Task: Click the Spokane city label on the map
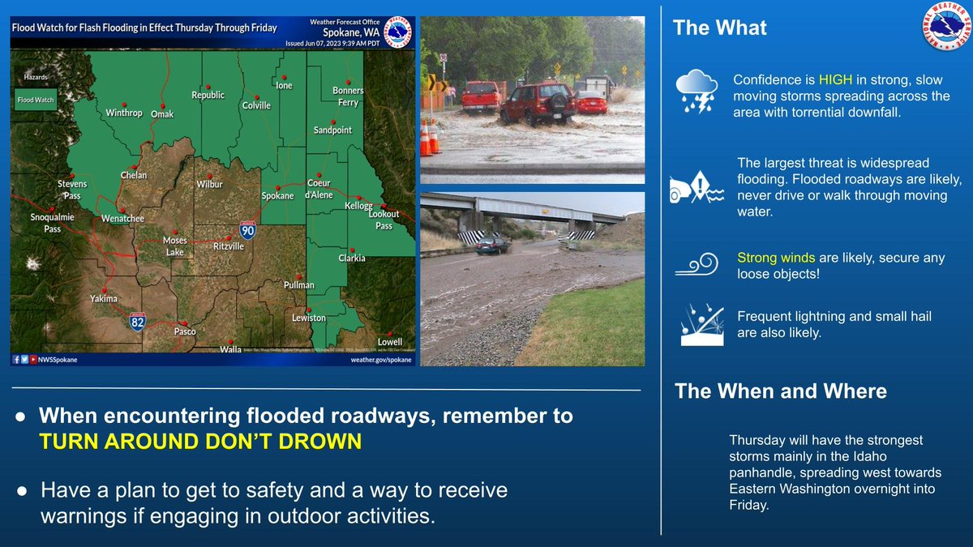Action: coord(277,196)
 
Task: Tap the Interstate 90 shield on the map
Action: coord(248,231)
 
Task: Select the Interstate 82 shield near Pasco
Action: coord(139,322)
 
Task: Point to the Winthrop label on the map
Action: coord(124,113)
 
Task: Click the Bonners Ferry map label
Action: coord(349,96)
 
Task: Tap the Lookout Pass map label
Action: coord(384,220)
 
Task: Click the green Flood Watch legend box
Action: coord(36,100)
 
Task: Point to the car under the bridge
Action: coord(493,246)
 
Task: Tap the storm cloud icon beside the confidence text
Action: coord(697,91)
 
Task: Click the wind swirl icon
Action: coord(697,265)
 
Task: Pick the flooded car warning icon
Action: coord(697,189)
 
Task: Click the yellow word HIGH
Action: coord(835,80)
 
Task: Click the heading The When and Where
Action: coord(781,391)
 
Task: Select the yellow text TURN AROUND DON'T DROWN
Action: coord(199,442)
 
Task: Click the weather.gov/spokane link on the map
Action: coord(380,359)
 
